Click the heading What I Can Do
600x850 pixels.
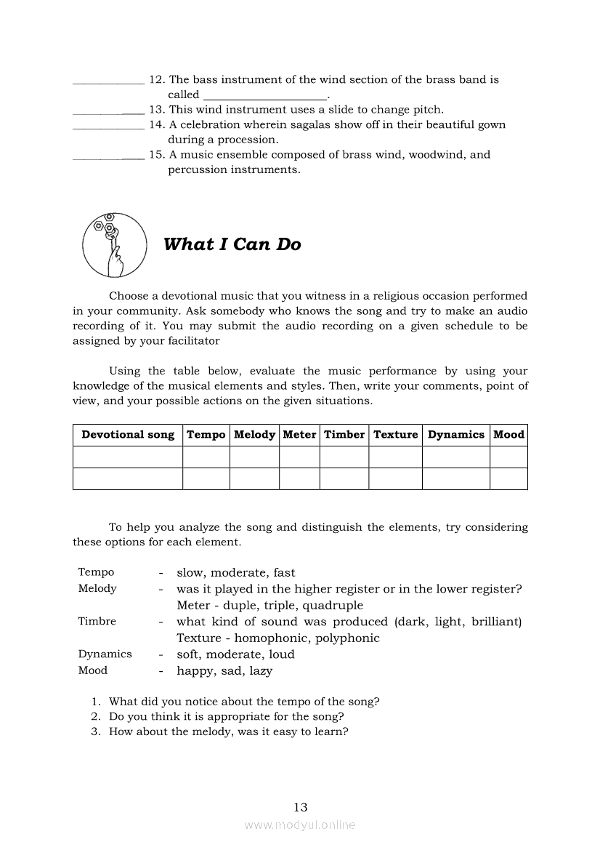click(x=232, y=244)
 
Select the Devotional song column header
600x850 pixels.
click(x=128, y=435)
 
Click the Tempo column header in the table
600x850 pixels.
click(x=206, y=435)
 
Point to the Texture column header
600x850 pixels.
click(x=395, y=435)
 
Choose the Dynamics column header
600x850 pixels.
click(x=455, y=435)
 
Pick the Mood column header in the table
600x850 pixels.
click(x=508, y=435)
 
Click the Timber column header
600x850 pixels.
click(x=344, y=435)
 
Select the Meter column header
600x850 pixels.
click(x=299, y=435)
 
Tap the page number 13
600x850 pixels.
click(x=301, y=807)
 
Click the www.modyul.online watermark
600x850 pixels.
click(x=300, y=825)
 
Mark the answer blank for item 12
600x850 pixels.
click(x=108, y=83)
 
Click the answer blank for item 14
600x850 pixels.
click(x=108, y=128)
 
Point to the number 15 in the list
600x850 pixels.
click(x=156, y=155)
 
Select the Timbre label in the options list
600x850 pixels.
click(x=97, y=622)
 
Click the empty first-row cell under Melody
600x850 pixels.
click(x=254, y=457)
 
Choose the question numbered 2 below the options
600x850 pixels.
click(x=226, y=716)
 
